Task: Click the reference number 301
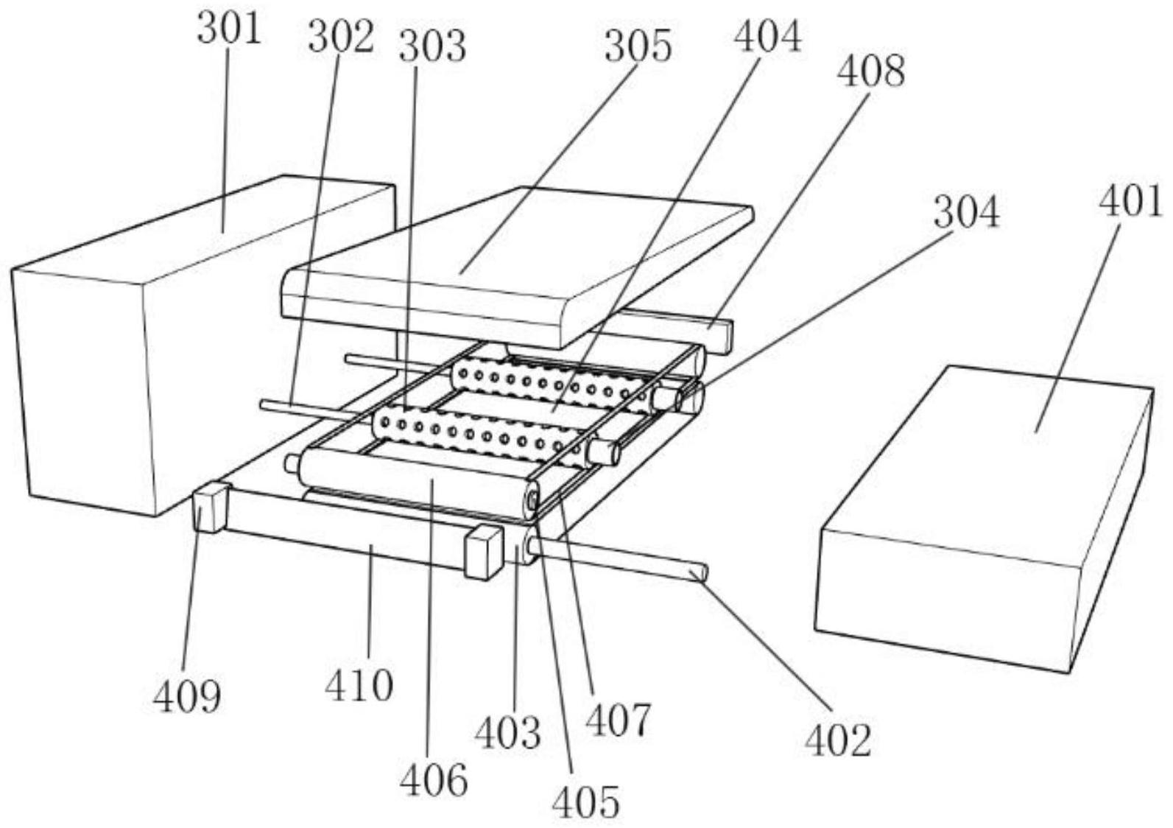[229, 29]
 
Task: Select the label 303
[432, 46]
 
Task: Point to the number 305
[638, 46]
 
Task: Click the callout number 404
[767, 36]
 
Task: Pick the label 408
[871, 72]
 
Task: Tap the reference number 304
[966, 212]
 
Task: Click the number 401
[1130, 200]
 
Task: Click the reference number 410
[359, 685]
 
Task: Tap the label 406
[434, 780]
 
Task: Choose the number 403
[507, 732]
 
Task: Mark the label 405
[586, 801]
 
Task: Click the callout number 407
[618, 720]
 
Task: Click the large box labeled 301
[147, 346]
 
